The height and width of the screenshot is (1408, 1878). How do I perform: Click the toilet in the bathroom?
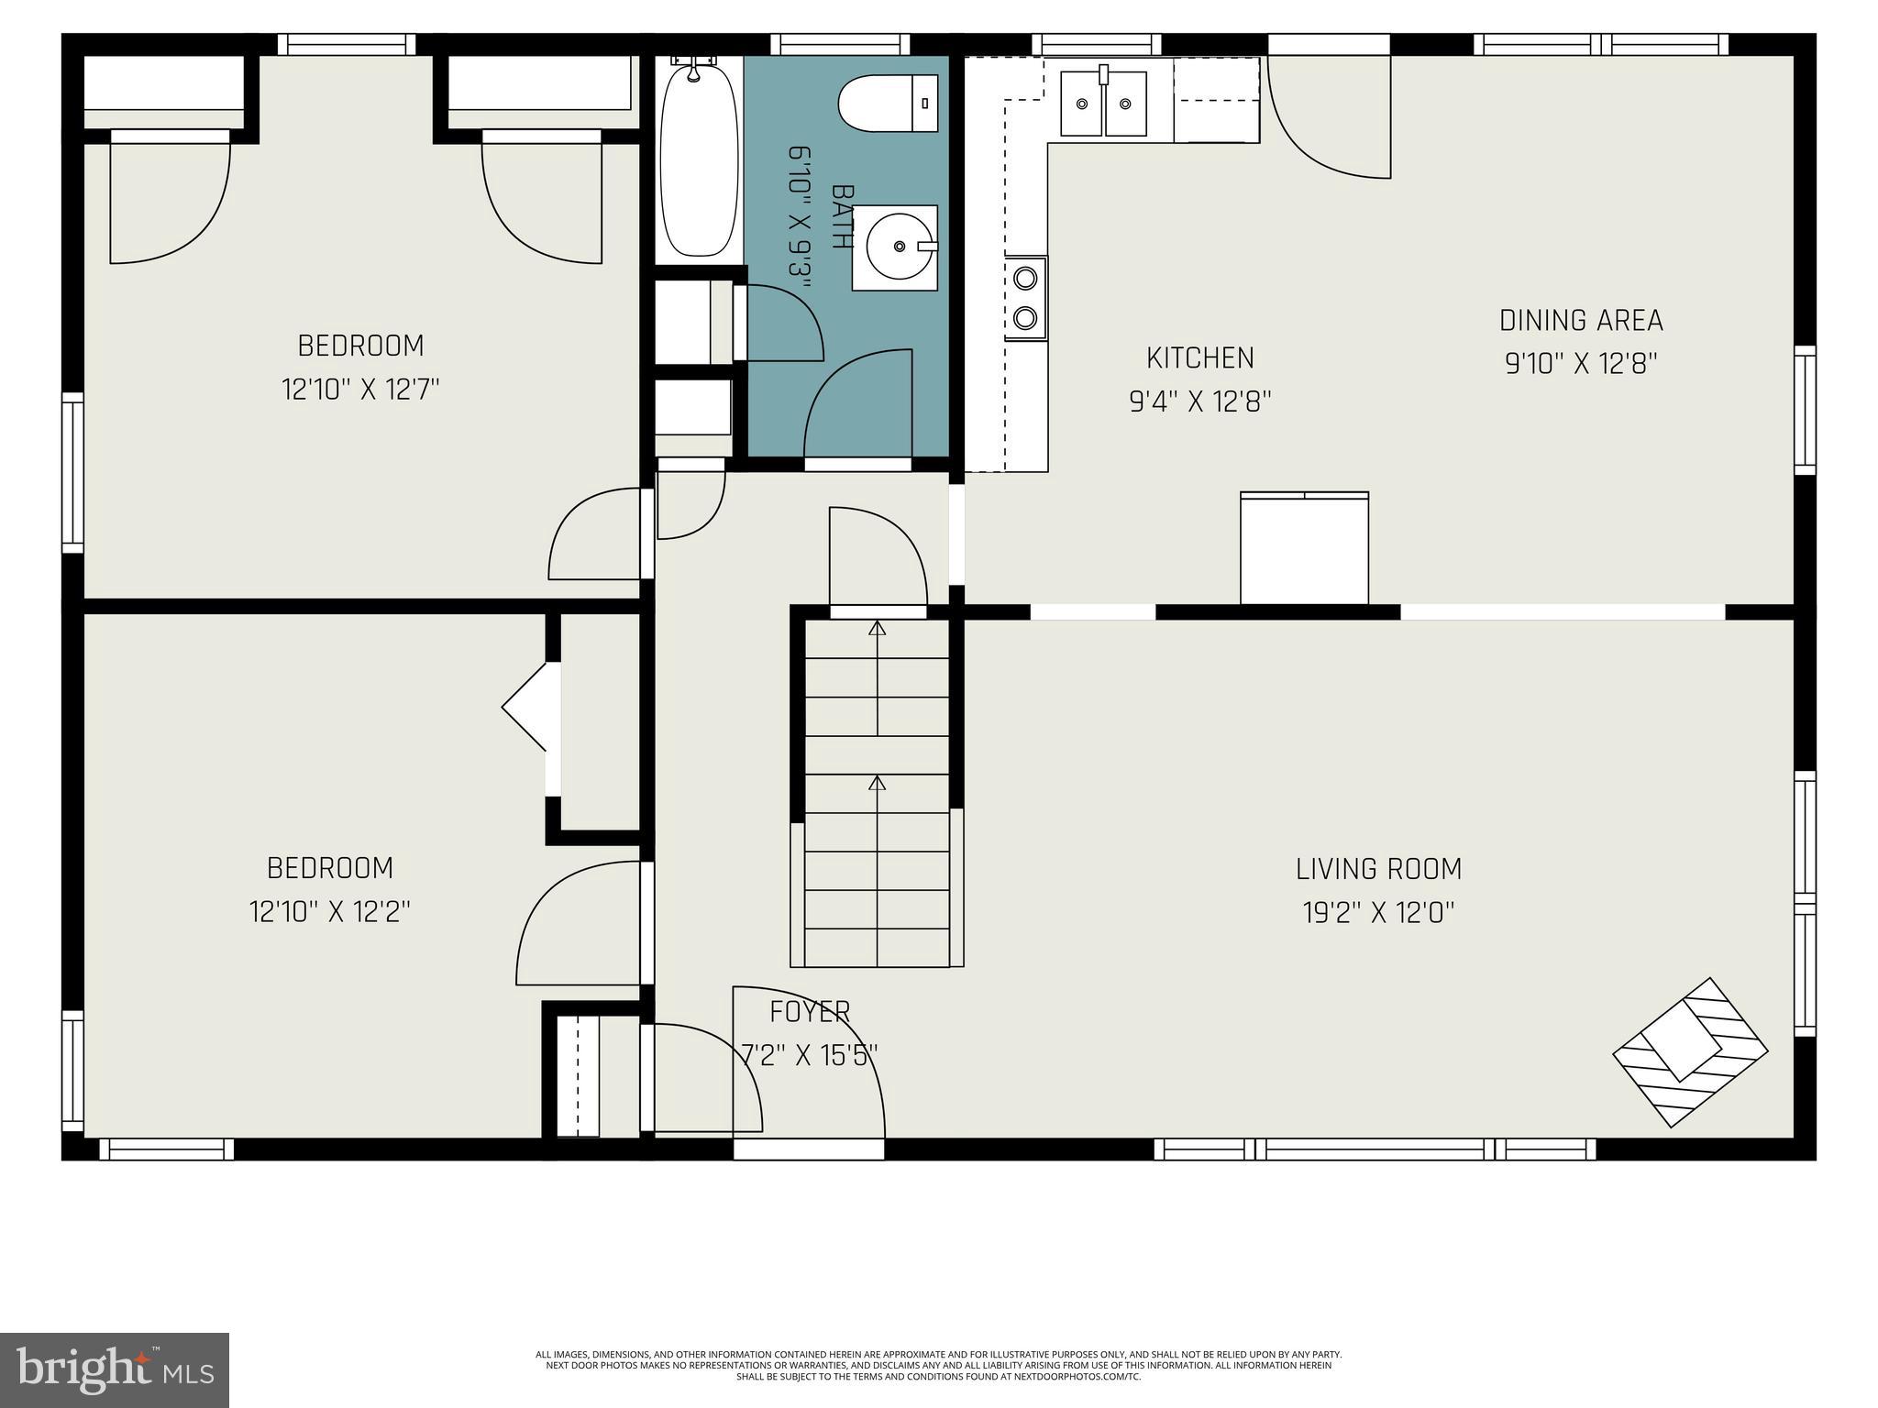(889, 103)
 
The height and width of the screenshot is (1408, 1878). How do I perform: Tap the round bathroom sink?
(895, 247)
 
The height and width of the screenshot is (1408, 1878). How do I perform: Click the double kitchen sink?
(1103, 103)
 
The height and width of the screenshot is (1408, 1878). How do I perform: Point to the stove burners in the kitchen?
(1026, 298)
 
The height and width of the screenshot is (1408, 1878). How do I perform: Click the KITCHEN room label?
(1200, 357)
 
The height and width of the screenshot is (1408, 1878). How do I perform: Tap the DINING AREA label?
(1581, 321)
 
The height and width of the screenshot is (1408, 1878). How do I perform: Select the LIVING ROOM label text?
(1378, 869)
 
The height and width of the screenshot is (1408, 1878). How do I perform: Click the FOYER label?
(810, 1012)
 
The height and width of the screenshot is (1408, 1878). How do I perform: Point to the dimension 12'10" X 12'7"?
(360, 390)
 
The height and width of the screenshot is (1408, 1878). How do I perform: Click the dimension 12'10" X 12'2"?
(329, 912)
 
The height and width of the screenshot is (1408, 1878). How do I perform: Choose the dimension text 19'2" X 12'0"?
(1379, 913)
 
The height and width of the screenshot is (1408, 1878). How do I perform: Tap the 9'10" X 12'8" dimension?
(1582, 365)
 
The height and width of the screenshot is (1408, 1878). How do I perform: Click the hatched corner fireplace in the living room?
(1690, 1052)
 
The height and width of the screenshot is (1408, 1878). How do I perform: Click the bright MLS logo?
(115, 1370)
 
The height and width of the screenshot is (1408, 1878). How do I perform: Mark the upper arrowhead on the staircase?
(878, 628)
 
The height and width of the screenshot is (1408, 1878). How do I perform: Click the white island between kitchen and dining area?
(1304, 549)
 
